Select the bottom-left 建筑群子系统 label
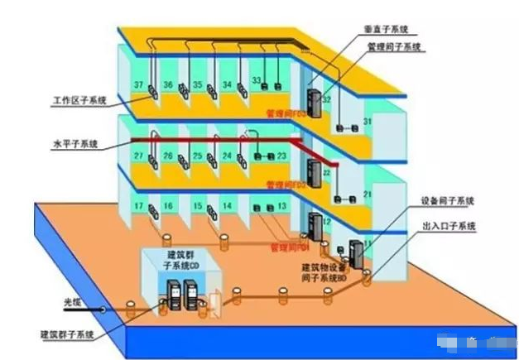coord(67,334)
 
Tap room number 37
coord(139,85)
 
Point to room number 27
coord(139,156)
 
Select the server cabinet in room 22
coord(313,174)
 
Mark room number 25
coord(196,156)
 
